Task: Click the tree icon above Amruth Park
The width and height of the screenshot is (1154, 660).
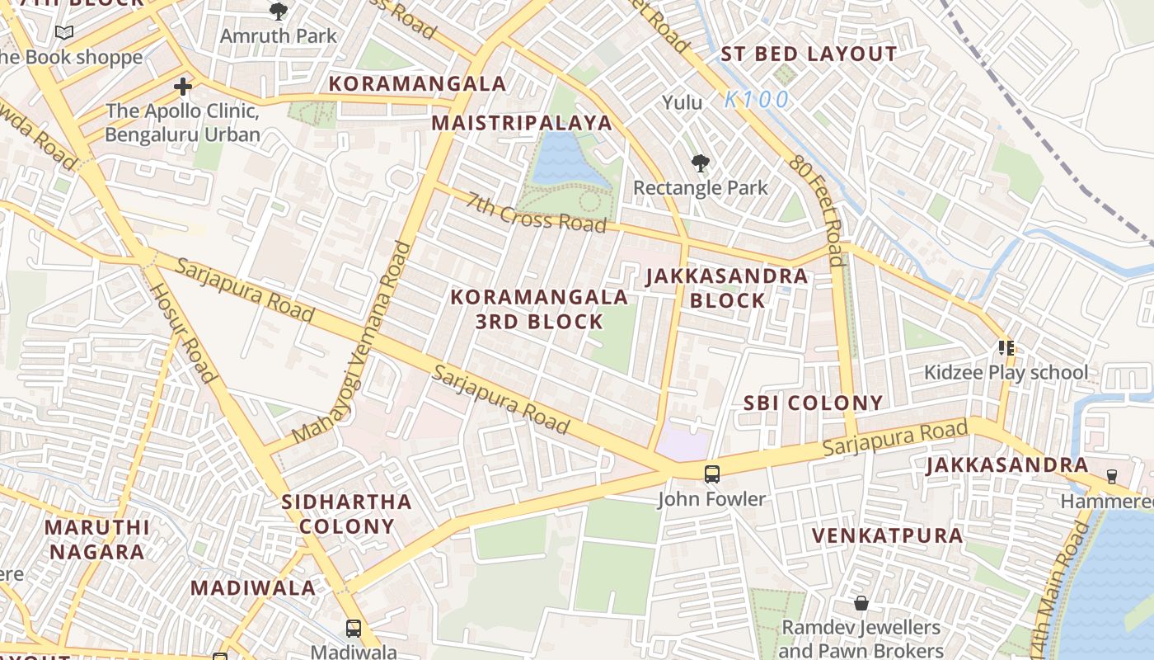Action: (279, 12)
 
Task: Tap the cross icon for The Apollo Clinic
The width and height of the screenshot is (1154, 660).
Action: (183, 86)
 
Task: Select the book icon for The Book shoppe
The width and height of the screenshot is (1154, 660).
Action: (63, 33)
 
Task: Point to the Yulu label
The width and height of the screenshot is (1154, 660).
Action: (683, 102)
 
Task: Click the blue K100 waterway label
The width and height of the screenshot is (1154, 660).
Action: (757, 100)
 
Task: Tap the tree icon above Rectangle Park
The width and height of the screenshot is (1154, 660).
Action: (700, 163)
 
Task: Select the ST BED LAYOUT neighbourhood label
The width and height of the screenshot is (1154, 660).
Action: (809, 54)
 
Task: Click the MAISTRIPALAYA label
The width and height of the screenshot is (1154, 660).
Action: (522, 123)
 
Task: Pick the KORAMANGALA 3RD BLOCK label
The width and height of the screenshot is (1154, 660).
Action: (539, 309)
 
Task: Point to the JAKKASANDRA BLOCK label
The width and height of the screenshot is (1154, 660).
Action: (727, 288)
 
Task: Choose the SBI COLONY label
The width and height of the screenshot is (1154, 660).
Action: (813, 403)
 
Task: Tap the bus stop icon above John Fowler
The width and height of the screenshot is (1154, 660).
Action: (712, 474)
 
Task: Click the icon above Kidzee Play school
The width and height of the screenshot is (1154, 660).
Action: (1005, 347)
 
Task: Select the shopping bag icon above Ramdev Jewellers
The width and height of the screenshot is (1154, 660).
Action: (861, 603)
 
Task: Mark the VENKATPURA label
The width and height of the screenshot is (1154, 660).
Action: (887, 535)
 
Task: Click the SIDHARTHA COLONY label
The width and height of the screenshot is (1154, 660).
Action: (346, 513)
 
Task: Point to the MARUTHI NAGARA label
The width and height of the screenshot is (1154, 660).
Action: (96, 539)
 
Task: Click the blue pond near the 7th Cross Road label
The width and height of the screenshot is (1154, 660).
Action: (563, 159)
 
